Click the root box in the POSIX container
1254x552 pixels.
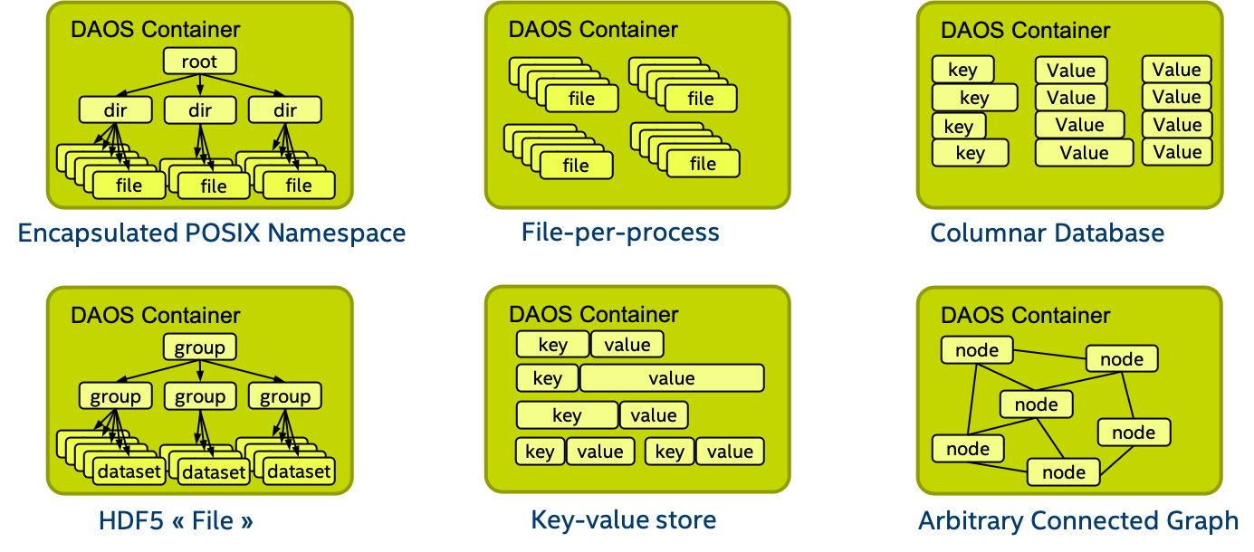click(x=199, y=62)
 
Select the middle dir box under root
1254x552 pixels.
click(x=199, y=110)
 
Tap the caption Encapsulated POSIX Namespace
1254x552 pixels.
click(x=212, y=233)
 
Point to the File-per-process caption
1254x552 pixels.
click(x=620, y=233)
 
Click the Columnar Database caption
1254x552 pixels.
click(x=1048, y=233)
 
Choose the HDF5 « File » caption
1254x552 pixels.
click(x=176, y=520)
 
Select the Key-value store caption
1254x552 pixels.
click(x=623, y=520)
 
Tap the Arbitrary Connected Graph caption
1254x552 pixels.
click(x=1078, y=521)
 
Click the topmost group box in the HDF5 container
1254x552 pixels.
click(x=199, y=347)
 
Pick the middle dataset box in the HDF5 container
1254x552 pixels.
click(x=214, y=471)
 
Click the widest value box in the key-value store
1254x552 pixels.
click(x=672, y=378)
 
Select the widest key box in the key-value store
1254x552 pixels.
click(x=567, y=415)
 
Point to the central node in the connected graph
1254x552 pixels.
click(x=1036, y=404)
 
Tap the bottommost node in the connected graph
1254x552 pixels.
click(x=1063, y=471)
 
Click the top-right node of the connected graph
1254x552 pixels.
click(x=1122, y=359)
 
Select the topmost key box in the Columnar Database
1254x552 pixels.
click(x=962, y=70)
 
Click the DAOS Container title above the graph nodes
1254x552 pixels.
click(x=1025, y=316)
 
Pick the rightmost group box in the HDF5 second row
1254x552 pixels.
click(x=284, y=396)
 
